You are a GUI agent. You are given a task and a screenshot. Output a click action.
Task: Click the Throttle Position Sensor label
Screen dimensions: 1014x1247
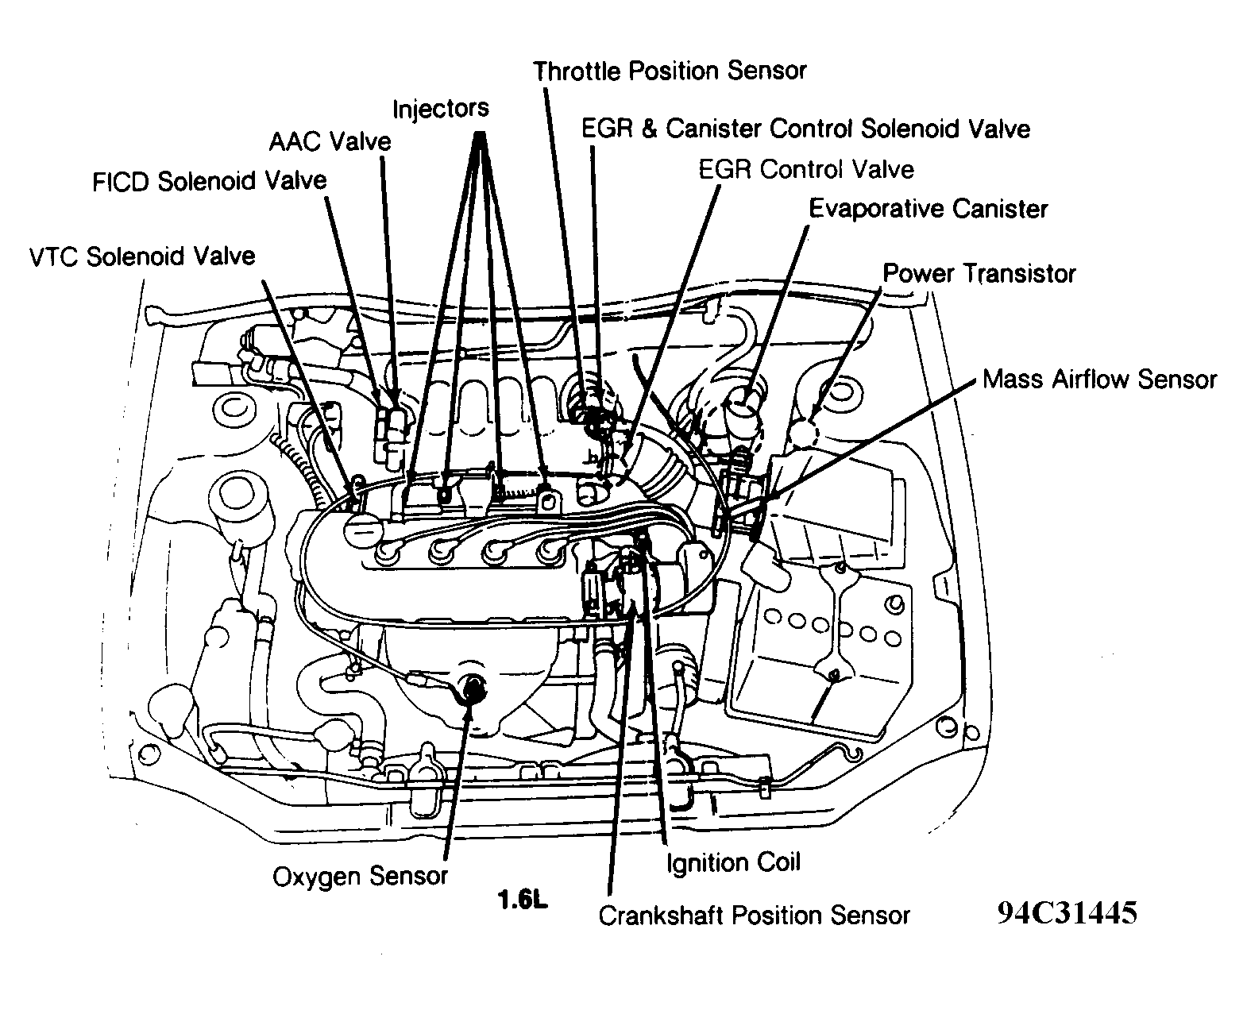670,71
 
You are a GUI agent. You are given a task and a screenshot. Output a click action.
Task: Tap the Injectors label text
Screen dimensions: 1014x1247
440,108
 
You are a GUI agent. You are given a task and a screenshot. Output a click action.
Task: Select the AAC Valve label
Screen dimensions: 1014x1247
330,142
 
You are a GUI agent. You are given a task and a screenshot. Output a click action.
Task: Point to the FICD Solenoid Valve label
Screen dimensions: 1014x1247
209,181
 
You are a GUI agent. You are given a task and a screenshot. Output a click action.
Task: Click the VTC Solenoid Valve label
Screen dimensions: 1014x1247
141,256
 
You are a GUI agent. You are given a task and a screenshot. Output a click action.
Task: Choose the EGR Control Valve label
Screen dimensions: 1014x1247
805,169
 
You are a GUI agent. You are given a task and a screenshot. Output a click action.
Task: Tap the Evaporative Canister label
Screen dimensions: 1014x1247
928,209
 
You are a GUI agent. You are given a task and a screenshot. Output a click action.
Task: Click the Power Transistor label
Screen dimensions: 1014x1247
979,274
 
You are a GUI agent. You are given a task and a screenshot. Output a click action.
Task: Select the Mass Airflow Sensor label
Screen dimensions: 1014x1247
1098,379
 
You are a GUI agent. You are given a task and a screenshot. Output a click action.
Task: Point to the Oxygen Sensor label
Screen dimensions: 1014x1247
360,877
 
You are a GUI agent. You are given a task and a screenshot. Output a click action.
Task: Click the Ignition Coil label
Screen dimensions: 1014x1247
732,862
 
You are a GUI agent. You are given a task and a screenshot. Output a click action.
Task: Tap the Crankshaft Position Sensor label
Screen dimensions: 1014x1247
753,916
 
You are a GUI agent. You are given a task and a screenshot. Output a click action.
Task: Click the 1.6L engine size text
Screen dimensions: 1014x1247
523,901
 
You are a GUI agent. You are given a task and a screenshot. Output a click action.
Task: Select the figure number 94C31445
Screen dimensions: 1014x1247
1067,913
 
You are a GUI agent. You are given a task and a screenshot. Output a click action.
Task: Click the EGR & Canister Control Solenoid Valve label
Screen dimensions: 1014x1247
805,129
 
